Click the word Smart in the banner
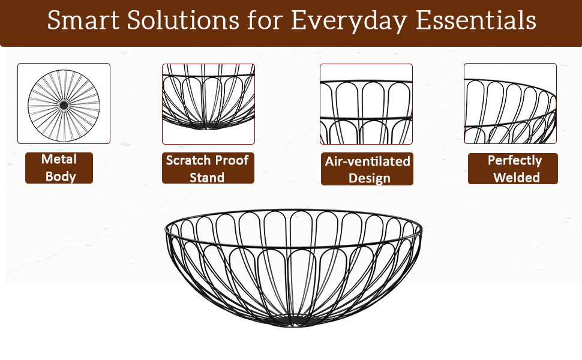click(x=83, y=20)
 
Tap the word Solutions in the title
click(x=183, y=20)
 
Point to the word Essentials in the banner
click(x=476, y=20)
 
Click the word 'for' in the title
click(x=265, y=20)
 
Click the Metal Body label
click(x=59, y=168)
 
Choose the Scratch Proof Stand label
click(x=208, y=168)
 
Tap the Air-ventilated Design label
click(x=367, y=169)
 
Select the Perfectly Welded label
click(x=512, y=169)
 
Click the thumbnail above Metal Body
click(x=64, y=104)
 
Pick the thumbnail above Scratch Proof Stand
click(x=208, y=104)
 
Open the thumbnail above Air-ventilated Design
click(x=367, y=104)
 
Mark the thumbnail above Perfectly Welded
click(x=511, y=104)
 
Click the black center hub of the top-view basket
click(x=64, y=106)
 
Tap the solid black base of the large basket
click(x=293, y=322)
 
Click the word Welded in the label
click(x=517, y=177)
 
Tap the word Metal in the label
click(x=59, y=159)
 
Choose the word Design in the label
click(x=370, y=178)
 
